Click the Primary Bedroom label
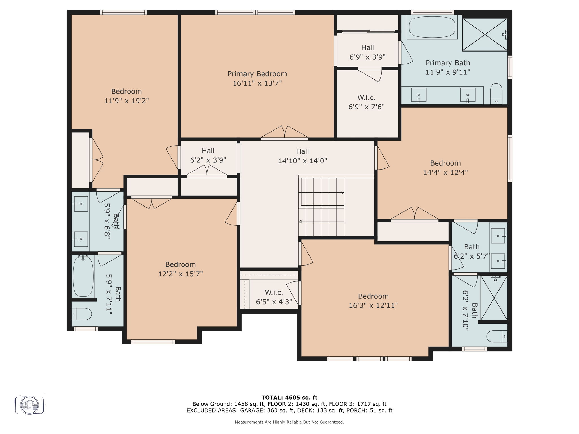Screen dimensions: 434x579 257,74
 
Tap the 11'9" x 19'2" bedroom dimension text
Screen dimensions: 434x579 126,101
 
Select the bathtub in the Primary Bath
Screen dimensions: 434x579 432,27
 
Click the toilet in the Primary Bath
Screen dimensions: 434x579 496,94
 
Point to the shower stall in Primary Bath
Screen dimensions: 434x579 485,35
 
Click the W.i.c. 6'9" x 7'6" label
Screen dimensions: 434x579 366,102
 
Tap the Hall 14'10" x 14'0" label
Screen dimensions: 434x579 302,156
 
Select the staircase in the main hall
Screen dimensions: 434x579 321,207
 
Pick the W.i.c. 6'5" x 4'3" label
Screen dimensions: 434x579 274,297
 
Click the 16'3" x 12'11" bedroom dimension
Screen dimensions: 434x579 373,305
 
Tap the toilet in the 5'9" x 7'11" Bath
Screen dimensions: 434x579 82,314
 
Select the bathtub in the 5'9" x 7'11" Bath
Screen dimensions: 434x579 83,277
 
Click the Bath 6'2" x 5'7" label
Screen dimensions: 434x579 472,251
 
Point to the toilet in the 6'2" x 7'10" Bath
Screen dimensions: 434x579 497,336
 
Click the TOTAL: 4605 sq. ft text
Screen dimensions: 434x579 289,398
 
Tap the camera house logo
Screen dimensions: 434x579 29,405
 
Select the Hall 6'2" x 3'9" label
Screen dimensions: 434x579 208,155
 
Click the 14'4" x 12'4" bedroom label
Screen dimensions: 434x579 445,168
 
